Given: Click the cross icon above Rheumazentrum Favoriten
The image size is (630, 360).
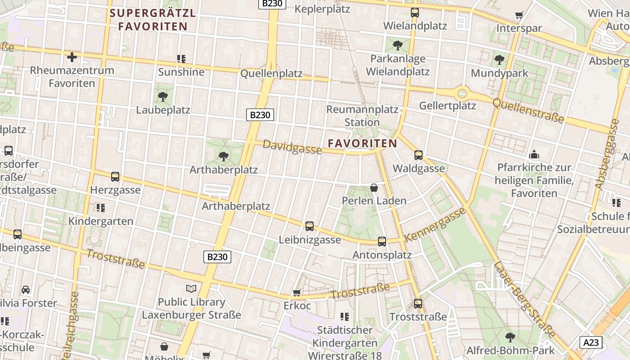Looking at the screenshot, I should pyautogui.click(x=72, y=57).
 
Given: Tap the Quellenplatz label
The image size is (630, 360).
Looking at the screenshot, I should pyautogui.click(x=271, y=74).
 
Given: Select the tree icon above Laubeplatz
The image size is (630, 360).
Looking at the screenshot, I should pyautogui.click(x=163, y=96).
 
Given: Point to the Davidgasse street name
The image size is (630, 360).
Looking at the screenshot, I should pyautogui.click(x=292, y=147).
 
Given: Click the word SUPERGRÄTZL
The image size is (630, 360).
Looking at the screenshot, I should pyautogui.click(x=153, y=13).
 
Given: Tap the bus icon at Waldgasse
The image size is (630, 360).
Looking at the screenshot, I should pyautogui.click(x=418, y=155).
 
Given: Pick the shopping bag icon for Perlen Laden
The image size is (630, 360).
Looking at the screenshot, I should pyautogui.click(x=373, y=188).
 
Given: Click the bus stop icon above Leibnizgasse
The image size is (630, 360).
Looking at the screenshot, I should pyautogui.click(x=309, y=226).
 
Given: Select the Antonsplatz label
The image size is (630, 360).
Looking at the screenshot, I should pyautogui.click(x=382, y=255).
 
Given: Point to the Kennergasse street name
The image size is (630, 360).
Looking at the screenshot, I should pyautogui.click(x=435, y=225).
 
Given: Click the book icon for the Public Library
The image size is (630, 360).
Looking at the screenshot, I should pyautogui.click(x=191, y=288).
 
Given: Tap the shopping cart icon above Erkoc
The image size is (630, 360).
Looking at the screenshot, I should pyautogui.click(x=297, y=293).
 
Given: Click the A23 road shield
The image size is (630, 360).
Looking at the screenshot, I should pyautogui.click(x=591, y=342).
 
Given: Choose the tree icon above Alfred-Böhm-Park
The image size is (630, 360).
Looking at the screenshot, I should pyautogui.click(x=510, y=337).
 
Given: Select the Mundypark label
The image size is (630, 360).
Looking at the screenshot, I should pyautogui.click(x=499, y=73).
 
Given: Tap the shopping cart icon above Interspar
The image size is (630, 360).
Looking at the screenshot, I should pyautogui.click(x=519, y=15).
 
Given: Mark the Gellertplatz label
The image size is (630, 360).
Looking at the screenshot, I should pyautogui.click(x=447, y=106).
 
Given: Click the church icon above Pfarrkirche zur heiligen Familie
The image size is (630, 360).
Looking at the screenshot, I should pyautogui.click(x=534, y=154).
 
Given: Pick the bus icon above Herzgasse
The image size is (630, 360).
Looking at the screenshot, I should pyautogui.click(x=115, y=177).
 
